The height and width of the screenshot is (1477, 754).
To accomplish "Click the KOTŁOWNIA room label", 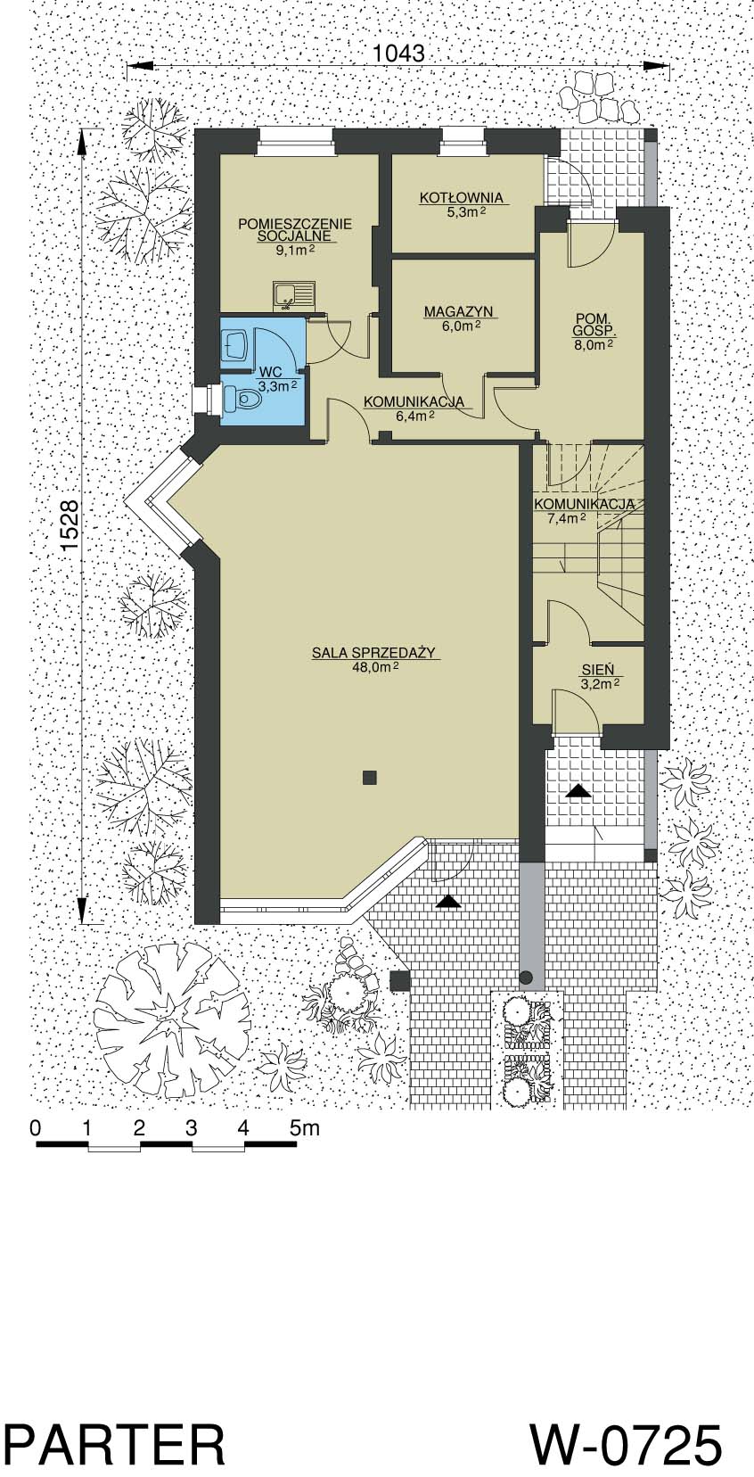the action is pyautogui.click(x=462, y=197).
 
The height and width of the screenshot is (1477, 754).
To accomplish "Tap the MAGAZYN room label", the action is pyautogui.click(x=458, y=312).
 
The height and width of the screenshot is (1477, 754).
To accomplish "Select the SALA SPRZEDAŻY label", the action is pyautogui.click(x=374, y=653).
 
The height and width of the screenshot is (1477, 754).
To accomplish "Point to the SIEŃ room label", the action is pyautogui.click(x=598, y=671).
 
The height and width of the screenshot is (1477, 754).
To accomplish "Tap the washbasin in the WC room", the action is pyautogui.click(x=236, y=345).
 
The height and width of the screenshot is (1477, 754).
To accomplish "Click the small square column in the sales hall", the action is pyautogui.click(x=370, y=778).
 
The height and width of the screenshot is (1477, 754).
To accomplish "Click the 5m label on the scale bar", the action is pyautogui.click(x=305, y=1128).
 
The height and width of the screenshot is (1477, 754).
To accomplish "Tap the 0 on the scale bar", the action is pyautogui.click(x=37, y=1128).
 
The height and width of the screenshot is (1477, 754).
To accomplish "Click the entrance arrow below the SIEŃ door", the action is pyautogui.click(x=579, y=791).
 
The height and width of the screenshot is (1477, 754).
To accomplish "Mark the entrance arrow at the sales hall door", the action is pyautogui.click(x=448, y=902).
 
